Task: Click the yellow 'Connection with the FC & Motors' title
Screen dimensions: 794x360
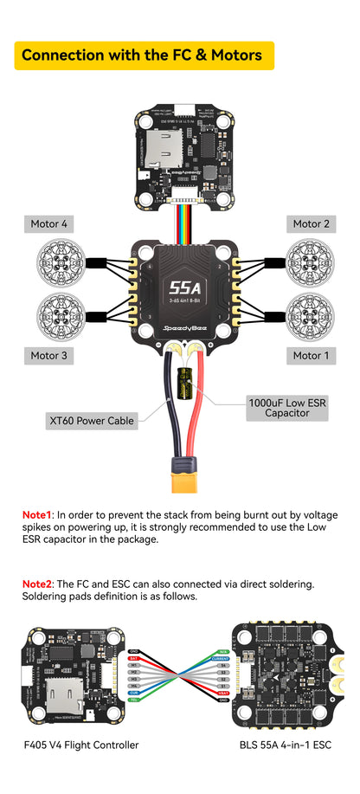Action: tap(143, 55)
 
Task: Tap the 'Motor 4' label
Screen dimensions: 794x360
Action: tap(49, 224)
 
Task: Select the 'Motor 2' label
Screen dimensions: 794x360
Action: tap(311, 224)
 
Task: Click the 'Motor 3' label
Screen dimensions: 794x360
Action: tap(49, 355)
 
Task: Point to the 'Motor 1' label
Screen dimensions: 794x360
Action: tap(311, 355)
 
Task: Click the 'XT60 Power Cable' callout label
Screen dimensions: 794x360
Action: tap(91, 421)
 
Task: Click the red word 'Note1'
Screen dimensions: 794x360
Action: tap(38, 514)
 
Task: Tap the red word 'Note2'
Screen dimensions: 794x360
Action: tap(38, 584)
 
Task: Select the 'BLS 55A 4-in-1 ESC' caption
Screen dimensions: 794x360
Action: tap(286, 745)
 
